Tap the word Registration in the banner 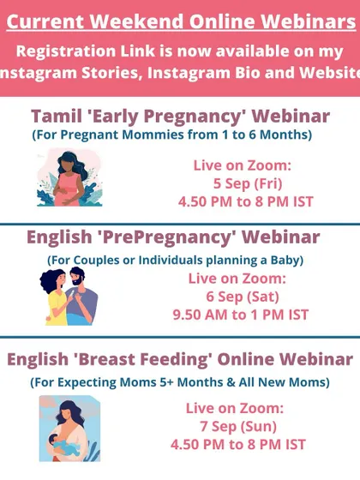click(66, 51)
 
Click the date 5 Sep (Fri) click(248, 183)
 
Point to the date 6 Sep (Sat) click(243, 297)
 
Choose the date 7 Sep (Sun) click(238, 427)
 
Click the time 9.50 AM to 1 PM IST click(241, 315)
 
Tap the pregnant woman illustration click(69, 178)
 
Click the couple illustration click(69, 296)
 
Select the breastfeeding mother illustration click(69, 429)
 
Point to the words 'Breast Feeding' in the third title click(143, 359)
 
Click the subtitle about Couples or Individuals click(176, 261)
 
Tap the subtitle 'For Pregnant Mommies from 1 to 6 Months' click(172, 135)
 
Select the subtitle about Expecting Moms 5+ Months click(180, 382)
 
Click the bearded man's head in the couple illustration click(76, 276)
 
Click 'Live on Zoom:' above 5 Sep click(242, 165)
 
